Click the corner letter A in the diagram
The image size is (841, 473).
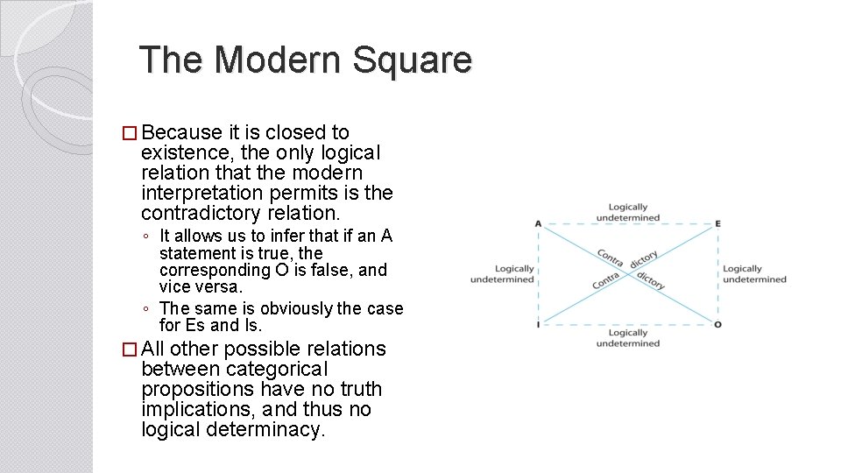[x=538, y=224]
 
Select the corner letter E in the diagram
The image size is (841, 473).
[x=717, y=224]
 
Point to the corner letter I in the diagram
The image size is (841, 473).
[x=538, y=324]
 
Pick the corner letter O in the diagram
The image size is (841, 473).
[x=717, y=324]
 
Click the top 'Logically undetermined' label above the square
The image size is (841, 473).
[x=627, y=212]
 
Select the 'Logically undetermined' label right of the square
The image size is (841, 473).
[x=754, y=274]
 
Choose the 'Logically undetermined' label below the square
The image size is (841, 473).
[x=627, y=338]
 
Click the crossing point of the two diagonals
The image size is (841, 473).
[x=628, y=274]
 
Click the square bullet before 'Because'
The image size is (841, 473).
[x=130, y=133]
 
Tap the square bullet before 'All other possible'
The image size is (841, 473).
[x=130, y=349]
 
